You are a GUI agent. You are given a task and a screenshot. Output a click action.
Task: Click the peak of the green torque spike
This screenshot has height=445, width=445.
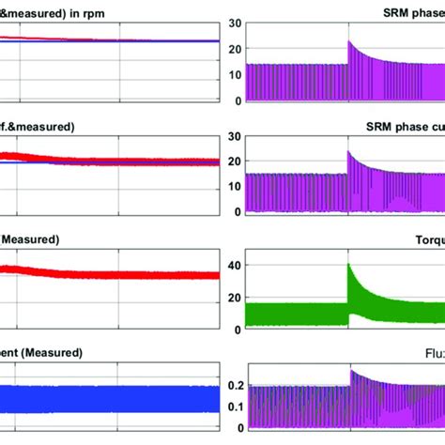[x=349, y=265]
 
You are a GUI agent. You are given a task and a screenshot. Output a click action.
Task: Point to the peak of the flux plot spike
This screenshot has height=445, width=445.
[x=349, y=371]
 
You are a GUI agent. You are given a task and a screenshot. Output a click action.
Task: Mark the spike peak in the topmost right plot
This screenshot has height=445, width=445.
[x=349, y=41]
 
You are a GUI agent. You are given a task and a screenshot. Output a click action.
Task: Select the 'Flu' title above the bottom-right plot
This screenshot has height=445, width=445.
[x=433, y=353]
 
